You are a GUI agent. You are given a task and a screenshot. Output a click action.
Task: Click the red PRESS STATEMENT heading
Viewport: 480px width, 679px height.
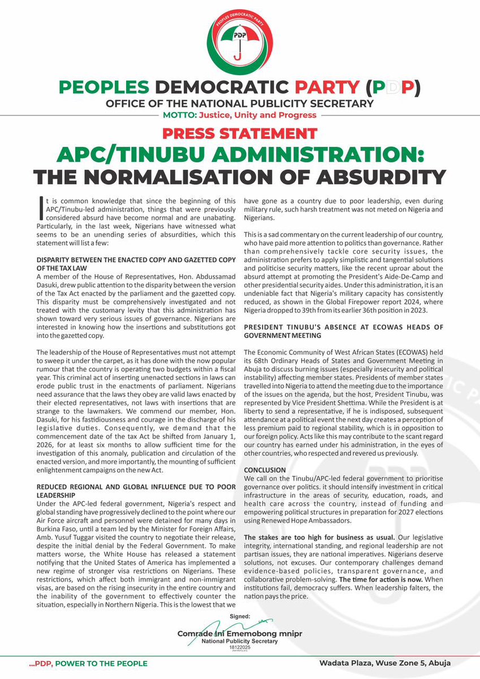coord(240,134)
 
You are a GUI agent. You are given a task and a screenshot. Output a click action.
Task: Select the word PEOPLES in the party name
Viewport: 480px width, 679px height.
coord(104,88)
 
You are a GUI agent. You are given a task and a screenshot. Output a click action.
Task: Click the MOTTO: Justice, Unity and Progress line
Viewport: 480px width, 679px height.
coord(240,115)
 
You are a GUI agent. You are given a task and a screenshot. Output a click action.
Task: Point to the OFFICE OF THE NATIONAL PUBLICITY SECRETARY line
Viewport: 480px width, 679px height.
coord(240,104)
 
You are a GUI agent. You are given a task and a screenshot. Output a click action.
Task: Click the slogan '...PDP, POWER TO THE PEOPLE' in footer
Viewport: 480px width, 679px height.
coord(89,663)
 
